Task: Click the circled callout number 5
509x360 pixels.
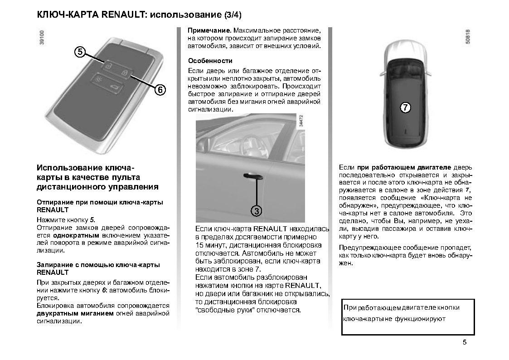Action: coord(80,52)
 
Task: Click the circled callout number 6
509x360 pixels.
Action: coord(160,90)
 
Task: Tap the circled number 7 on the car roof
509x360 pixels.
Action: coord(405,107)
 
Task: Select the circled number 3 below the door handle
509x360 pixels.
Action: coord(257,210)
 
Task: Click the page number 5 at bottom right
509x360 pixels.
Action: coord(465,342)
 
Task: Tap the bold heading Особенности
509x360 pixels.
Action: coord(210,61)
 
